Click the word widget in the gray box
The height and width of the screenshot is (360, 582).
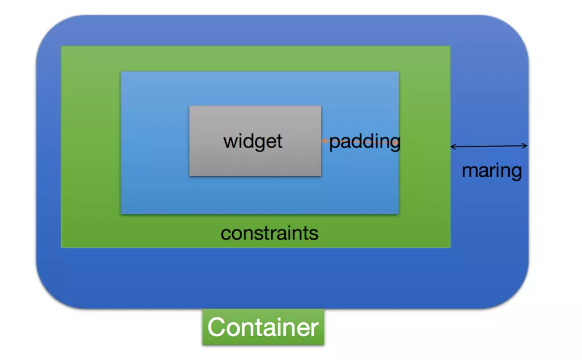[253, 141]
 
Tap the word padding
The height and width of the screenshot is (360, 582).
[365, 142]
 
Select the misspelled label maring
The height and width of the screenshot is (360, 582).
[491, 171]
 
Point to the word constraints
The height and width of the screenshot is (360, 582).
[269, 234]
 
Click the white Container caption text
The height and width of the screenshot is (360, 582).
[263, 327]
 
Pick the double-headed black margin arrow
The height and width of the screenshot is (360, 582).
[489, 146]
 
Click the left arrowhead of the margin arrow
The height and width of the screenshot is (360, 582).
[453, 146]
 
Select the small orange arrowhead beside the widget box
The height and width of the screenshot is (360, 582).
[324, 141]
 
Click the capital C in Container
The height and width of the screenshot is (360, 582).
[217, 327]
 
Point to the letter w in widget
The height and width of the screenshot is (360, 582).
[229, 142]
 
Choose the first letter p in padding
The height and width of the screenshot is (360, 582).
[335, 143]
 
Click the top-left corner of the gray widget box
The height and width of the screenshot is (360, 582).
[190, 106]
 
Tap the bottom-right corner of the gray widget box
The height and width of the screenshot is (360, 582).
[321, 175]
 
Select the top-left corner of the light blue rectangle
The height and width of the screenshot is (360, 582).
[121, 72]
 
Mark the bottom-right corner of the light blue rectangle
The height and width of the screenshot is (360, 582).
[398, 213]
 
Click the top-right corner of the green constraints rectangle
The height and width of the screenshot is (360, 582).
[450, 47]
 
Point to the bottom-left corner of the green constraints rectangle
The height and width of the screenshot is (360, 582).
[62, 247]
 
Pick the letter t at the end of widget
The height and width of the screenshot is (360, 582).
[279, 141]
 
